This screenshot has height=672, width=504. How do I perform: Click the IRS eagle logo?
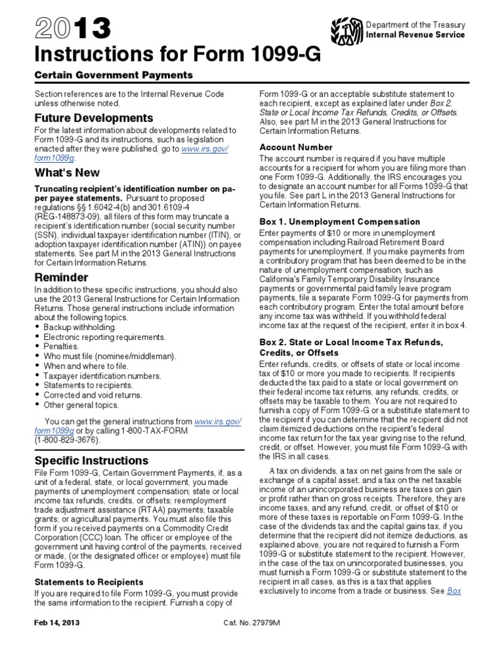348,30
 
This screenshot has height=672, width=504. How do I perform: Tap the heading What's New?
68,173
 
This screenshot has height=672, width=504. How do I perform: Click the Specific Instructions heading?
92,460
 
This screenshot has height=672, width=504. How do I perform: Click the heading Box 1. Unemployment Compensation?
340,222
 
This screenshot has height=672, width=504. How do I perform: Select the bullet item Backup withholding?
79,326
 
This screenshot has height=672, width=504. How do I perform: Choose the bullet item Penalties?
61,346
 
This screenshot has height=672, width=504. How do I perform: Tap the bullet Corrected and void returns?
90,395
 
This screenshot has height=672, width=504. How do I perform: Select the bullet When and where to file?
84,366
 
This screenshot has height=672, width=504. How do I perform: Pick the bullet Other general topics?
78,405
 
